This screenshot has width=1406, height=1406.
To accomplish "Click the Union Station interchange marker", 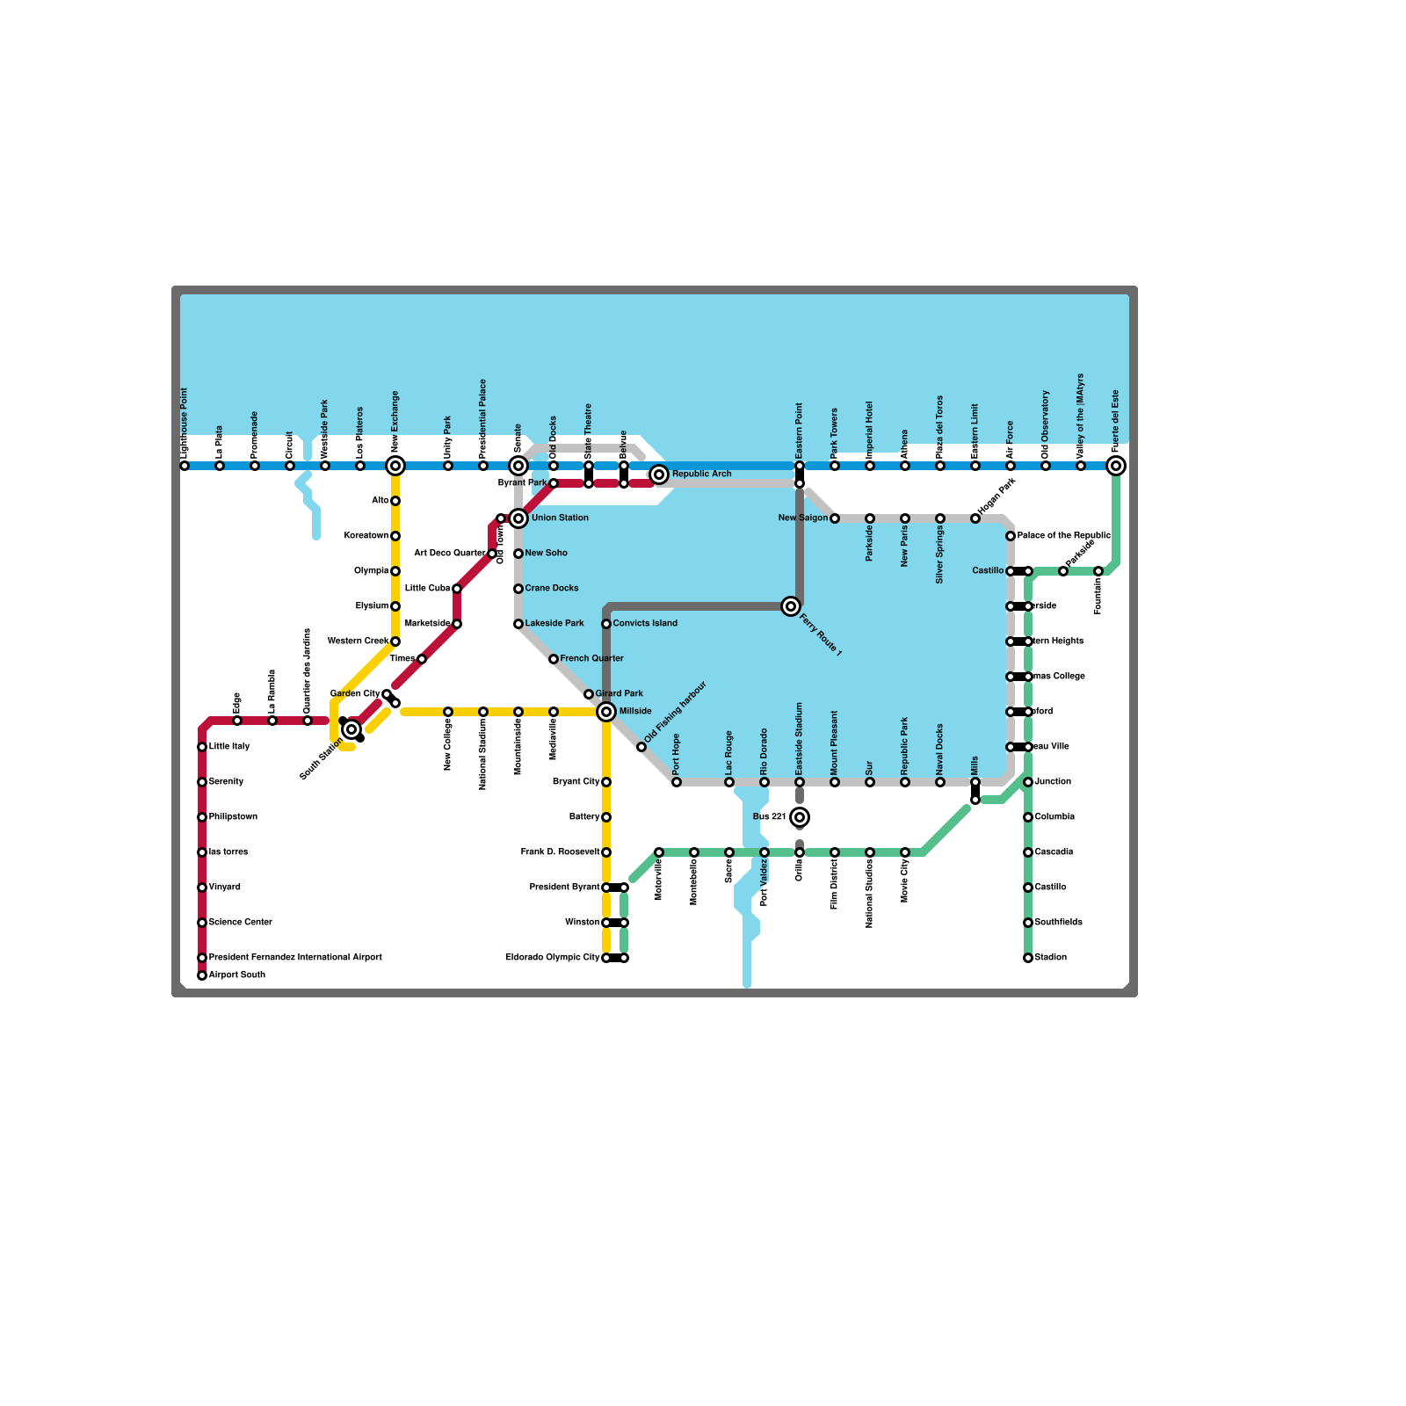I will pos(518,518).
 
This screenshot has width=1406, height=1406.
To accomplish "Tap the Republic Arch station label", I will pos(701,475).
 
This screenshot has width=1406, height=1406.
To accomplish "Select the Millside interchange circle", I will pos(606,712).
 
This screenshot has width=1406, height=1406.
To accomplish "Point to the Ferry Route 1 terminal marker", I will pos(791,606).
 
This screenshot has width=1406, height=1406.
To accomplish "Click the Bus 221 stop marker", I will pos(800,817).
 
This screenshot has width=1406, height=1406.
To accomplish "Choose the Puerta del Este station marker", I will pos(1116,466).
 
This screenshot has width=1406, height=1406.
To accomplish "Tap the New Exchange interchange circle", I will pos(395,466).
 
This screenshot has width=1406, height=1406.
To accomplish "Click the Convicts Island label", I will pos(645,624).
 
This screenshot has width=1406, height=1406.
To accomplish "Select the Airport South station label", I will pos(237,975).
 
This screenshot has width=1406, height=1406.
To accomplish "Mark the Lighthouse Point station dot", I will pos(185,466).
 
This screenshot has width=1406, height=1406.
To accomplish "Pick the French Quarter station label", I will pos(591,659).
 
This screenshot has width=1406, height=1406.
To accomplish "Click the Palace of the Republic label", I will pos(1063,536).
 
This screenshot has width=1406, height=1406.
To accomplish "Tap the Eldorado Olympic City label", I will pos(552,958).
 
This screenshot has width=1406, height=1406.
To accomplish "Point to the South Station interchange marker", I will pos(351,729).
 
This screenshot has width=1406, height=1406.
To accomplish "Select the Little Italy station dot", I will pos(202,747).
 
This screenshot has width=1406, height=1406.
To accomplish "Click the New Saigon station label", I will pos(802,518).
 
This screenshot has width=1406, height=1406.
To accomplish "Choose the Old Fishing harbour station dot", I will pos(641,747).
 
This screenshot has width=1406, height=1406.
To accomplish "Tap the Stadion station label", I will pos(1050,958).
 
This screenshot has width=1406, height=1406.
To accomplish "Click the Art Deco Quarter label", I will pos(449,554).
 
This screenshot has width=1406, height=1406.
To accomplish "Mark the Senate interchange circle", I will pos(518,466).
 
